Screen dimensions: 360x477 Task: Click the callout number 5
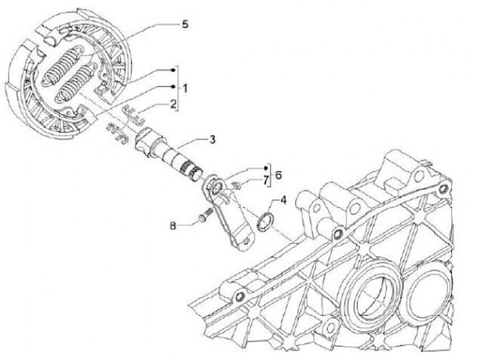click(x=184, y=24)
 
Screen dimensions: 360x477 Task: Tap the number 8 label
click(x=172, y=225)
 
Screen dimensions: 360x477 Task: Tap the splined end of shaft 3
click(x=193, y=171)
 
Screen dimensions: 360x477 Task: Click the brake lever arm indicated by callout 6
click(x=229, y=212)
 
